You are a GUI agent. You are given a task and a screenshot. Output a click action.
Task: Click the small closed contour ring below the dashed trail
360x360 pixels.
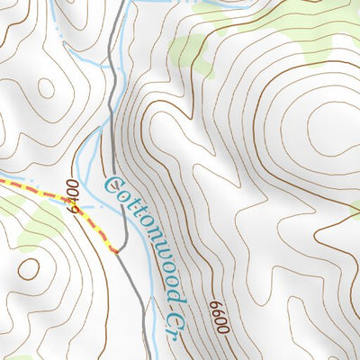coord(29,268)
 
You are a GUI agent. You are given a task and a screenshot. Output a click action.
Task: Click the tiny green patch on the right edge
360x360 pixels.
coord(355,211)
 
